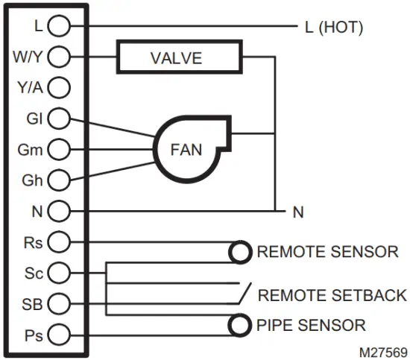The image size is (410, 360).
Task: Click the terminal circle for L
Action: point(59,26)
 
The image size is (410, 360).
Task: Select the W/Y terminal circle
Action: point(59,57)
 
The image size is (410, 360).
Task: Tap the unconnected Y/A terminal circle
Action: point(59,87)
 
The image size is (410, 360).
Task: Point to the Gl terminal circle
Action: point(59,118)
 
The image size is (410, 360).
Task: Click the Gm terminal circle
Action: point(59,149)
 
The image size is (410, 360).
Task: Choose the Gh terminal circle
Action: point(59,180)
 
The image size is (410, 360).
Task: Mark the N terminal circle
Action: point(59,211)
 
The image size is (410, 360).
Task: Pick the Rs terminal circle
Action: point(59,241)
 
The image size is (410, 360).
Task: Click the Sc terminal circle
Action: point(59,272)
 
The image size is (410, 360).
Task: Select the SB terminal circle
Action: point(59,303)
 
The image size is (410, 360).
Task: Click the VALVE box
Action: point(178,57)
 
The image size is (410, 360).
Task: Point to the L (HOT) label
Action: point(333,28)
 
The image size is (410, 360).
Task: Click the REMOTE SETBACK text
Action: point(332,295)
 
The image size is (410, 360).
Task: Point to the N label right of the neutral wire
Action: point(298,212)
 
